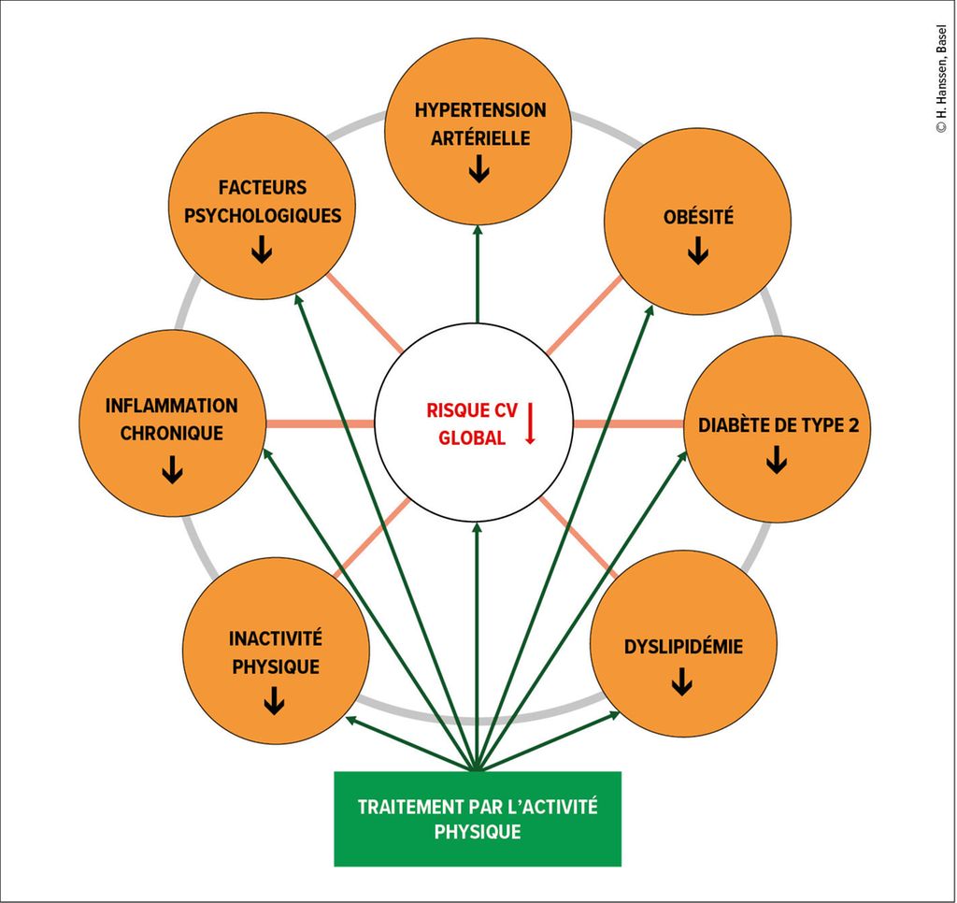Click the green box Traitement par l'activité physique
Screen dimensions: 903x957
478,819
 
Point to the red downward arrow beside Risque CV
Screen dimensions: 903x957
529,423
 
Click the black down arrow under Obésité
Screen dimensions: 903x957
697,251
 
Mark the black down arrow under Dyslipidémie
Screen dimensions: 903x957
682,683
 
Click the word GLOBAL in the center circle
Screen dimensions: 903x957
472,438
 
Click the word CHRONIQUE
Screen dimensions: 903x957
172,434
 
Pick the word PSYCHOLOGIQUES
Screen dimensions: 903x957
263,216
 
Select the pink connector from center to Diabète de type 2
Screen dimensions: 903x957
628,423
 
